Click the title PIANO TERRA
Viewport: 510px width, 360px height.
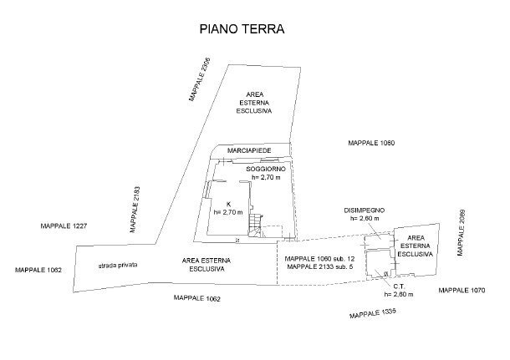[242, 28]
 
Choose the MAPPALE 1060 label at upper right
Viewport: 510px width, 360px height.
[370, 144]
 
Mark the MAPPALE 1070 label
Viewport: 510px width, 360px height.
[462, 290]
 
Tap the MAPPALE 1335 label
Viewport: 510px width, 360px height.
[372, 313]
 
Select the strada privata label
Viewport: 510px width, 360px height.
[117, 265]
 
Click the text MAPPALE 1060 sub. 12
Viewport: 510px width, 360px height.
[320, 258]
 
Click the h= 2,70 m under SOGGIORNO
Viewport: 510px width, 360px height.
[267, 178]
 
